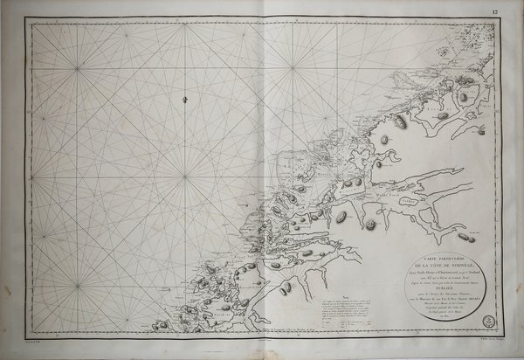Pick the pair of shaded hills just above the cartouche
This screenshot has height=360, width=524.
(x=466, y=238)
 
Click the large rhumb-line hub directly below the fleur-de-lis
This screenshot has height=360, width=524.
(x=185, y=178)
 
